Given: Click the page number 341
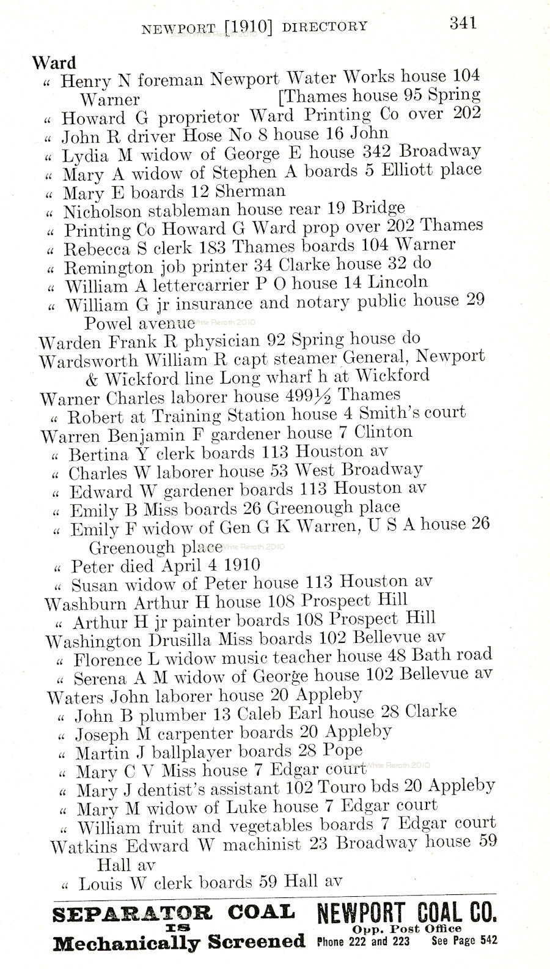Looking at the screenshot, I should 463,23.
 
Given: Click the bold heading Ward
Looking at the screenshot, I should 54,62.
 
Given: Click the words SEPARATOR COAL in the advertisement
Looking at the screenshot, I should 174,915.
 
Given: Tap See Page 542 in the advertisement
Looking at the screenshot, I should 464,941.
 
